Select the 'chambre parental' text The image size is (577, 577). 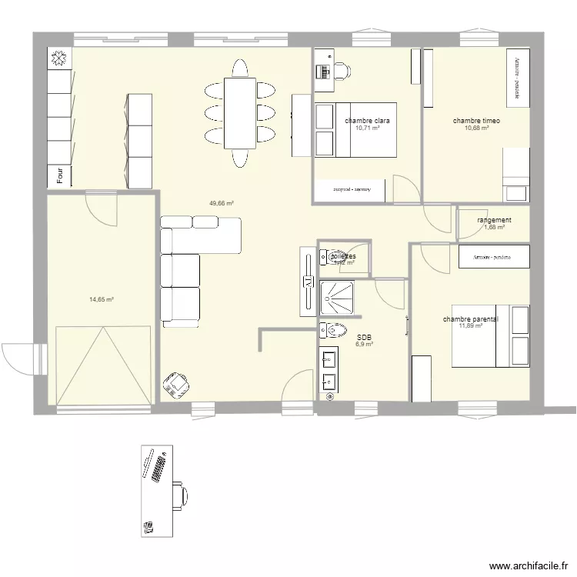point(470,319)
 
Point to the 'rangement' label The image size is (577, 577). point(494,220)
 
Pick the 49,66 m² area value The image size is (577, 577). point(222,204)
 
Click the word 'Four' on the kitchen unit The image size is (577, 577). point(59,176)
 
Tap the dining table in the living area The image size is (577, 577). point(240,113)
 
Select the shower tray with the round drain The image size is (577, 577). point(339,298)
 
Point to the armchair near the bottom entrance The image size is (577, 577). point(178,382)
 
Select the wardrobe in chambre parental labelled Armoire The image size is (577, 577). point(494,256)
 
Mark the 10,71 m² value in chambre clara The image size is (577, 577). point(368,128)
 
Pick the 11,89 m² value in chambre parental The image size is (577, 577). point(470,326)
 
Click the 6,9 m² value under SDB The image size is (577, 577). point(364,345)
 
